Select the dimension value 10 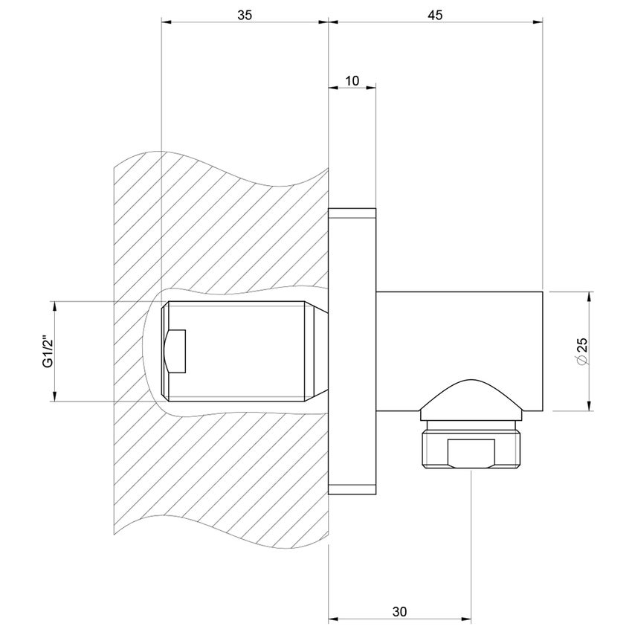pos(352,79)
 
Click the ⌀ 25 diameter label pos(581,351)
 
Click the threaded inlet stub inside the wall pos(238,350)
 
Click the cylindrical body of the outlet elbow pos(461,335)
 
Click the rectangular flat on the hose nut pos(471,454)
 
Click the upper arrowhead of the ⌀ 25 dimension pos(590,296)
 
